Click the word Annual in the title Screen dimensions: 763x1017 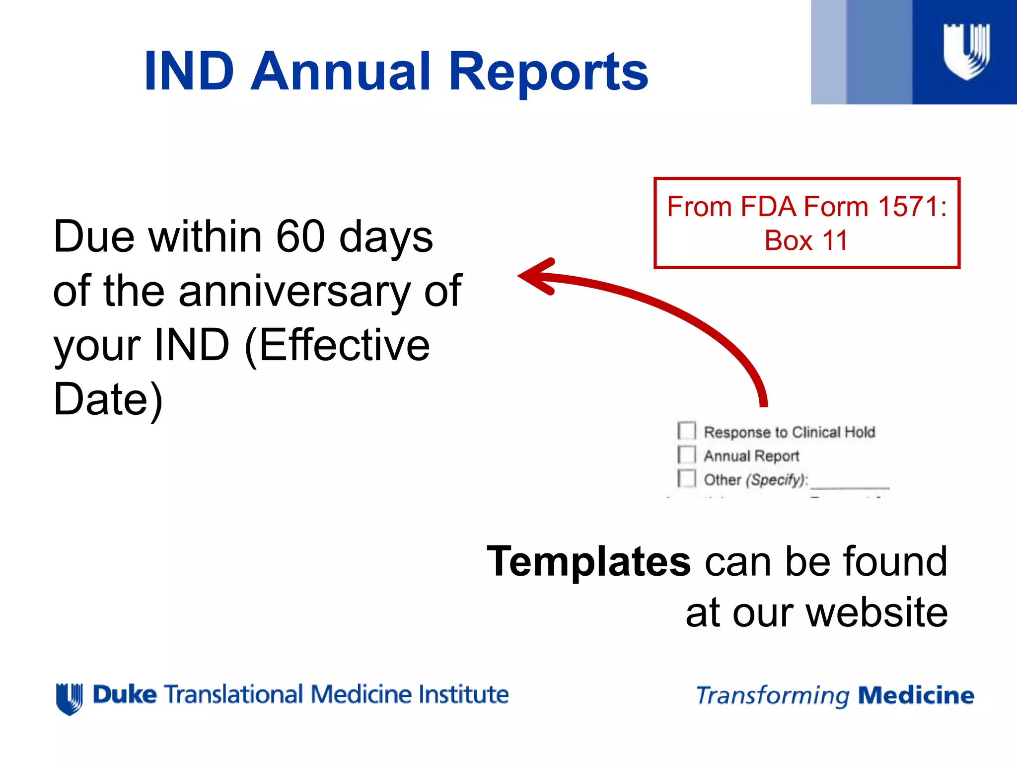coord(340,72)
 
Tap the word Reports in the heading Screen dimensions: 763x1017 coord(548,72)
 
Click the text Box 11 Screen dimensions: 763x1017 coord(805,240)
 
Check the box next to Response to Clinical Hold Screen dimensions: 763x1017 coord(687,431)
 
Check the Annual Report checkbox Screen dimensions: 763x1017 coord(687,455)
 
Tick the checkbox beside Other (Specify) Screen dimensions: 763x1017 coord(687,478)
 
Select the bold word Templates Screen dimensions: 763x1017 coord(588,561)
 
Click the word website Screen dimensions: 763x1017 coord(876,612)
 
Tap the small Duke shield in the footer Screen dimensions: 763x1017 coord(70,698)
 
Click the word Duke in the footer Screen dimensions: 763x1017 coord(125,694)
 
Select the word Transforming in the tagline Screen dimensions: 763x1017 coord(773,695)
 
